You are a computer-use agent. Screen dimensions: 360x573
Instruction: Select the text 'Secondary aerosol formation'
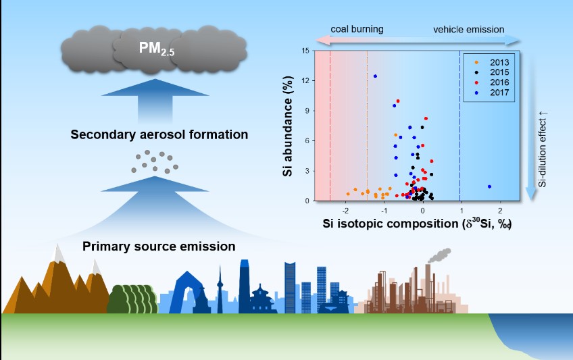159,134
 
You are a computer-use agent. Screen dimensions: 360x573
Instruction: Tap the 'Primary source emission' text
159,246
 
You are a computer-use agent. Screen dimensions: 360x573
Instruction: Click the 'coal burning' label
357,29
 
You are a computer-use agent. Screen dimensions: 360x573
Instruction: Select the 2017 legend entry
493,92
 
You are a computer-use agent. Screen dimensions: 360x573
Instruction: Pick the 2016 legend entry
493,82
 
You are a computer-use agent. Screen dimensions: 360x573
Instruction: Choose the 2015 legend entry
493,72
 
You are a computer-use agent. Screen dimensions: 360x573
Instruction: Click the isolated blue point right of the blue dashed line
489,186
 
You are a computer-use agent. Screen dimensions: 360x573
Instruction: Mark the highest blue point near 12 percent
375,76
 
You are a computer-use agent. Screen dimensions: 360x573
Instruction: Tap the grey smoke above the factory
439,256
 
